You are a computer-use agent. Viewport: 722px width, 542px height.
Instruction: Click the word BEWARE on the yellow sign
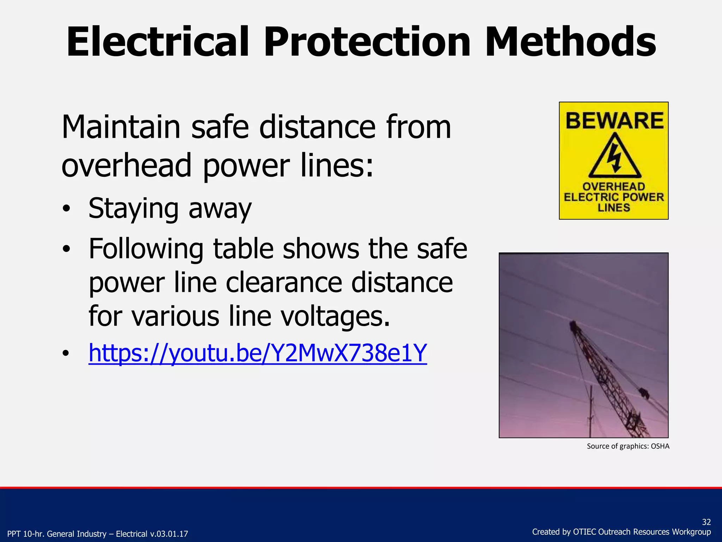tap(614, 121)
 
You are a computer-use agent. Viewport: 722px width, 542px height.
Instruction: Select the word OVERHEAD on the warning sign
tap(614, 186)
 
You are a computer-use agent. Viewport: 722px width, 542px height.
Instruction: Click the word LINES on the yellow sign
tap(614, 207)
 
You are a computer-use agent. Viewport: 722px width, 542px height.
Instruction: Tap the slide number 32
tap(706, 522)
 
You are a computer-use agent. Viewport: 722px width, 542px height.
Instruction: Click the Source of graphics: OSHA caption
tap(628, 446)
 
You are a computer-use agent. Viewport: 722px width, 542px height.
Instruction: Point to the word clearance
tap(284, 283)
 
